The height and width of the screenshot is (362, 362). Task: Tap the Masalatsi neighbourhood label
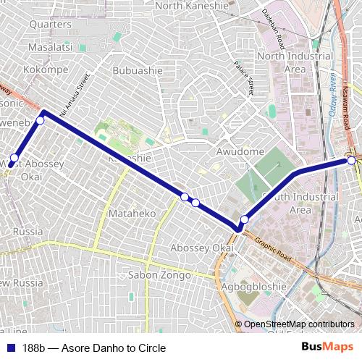[50, 46]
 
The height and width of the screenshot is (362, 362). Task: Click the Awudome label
[240, 151]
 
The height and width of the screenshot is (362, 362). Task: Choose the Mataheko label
[132, 214]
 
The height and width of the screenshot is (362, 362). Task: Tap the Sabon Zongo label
[159, 275]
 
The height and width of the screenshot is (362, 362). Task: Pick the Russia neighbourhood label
[28, 232]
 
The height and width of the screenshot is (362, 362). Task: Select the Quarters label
[50, 24]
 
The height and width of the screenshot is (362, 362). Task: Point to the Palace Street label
[245, 77]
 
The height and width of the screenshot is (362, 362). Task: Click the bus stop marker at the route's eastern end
[352, 161]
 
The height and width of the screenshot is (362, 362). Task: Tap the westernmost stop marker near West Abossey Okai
[14, 158]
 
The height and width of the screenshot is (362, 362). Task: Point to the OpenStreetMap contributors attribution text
[299, 324]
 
